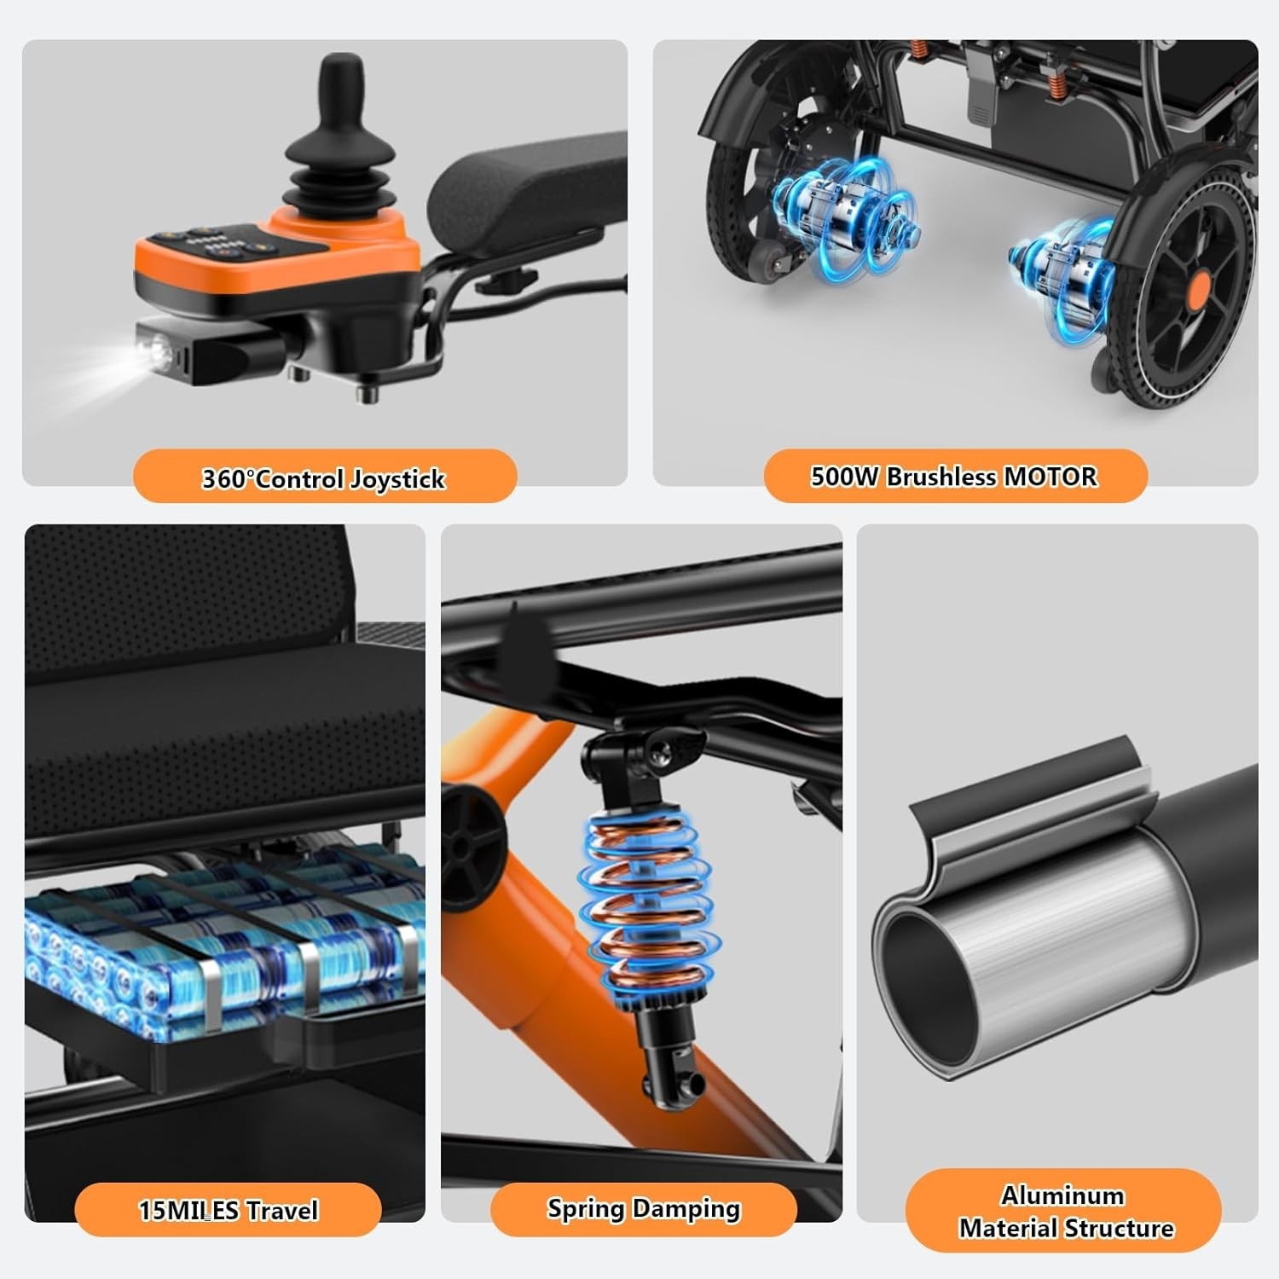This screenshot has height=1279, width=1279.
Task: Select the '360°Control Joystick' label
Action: tap(323, 478)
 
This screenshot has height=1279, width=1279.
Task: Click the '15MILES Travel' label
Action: tap(229, 1210)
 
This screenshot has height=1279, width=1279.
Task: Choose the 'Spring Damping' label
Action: tap(644, 1209)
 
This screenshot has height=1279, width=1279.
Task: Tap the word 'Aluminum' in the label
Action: tap(1062, 1195)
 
